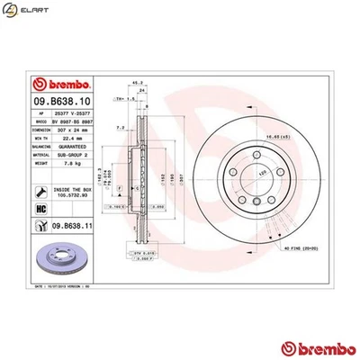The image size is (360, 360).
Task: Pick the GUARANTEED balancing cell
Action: (72, 147)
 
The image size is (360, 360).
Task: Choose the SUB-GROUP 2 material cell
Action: (72, 156)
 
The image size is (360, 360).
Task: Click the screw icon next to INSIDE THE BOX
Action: (40, 190)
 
